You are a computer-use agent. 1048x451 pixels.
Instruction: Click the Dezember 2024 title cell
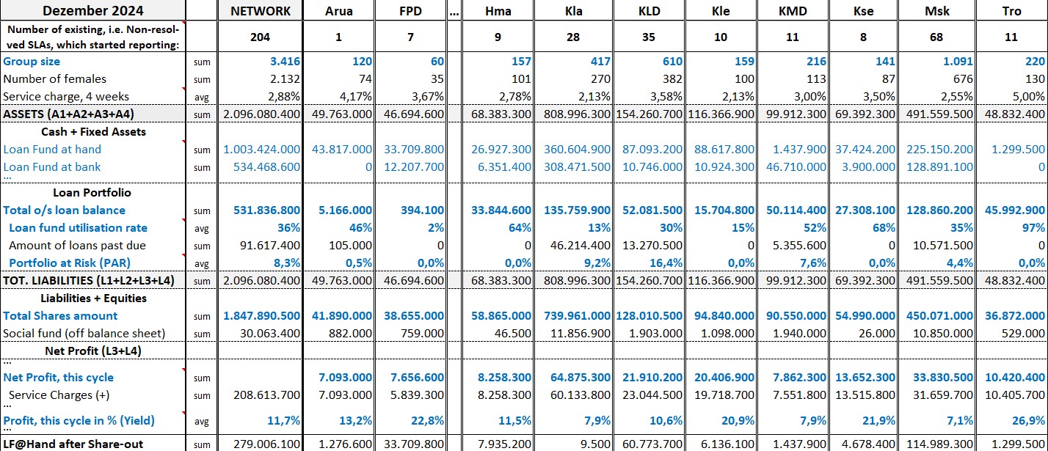point(92,10)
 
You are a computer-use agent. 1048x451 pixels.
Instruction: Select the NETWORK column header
point(260,11)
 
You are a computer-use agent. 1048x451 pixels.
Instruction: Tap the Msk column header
point(936,11)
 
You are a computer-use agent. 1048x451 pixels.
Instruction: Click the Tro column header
point(1011,11)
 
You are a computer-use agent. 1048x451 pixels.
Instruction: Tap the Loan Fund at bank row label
point(52,166)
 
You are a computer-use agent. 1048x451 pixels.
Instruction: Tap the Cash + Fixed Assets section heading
point(93,132)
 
